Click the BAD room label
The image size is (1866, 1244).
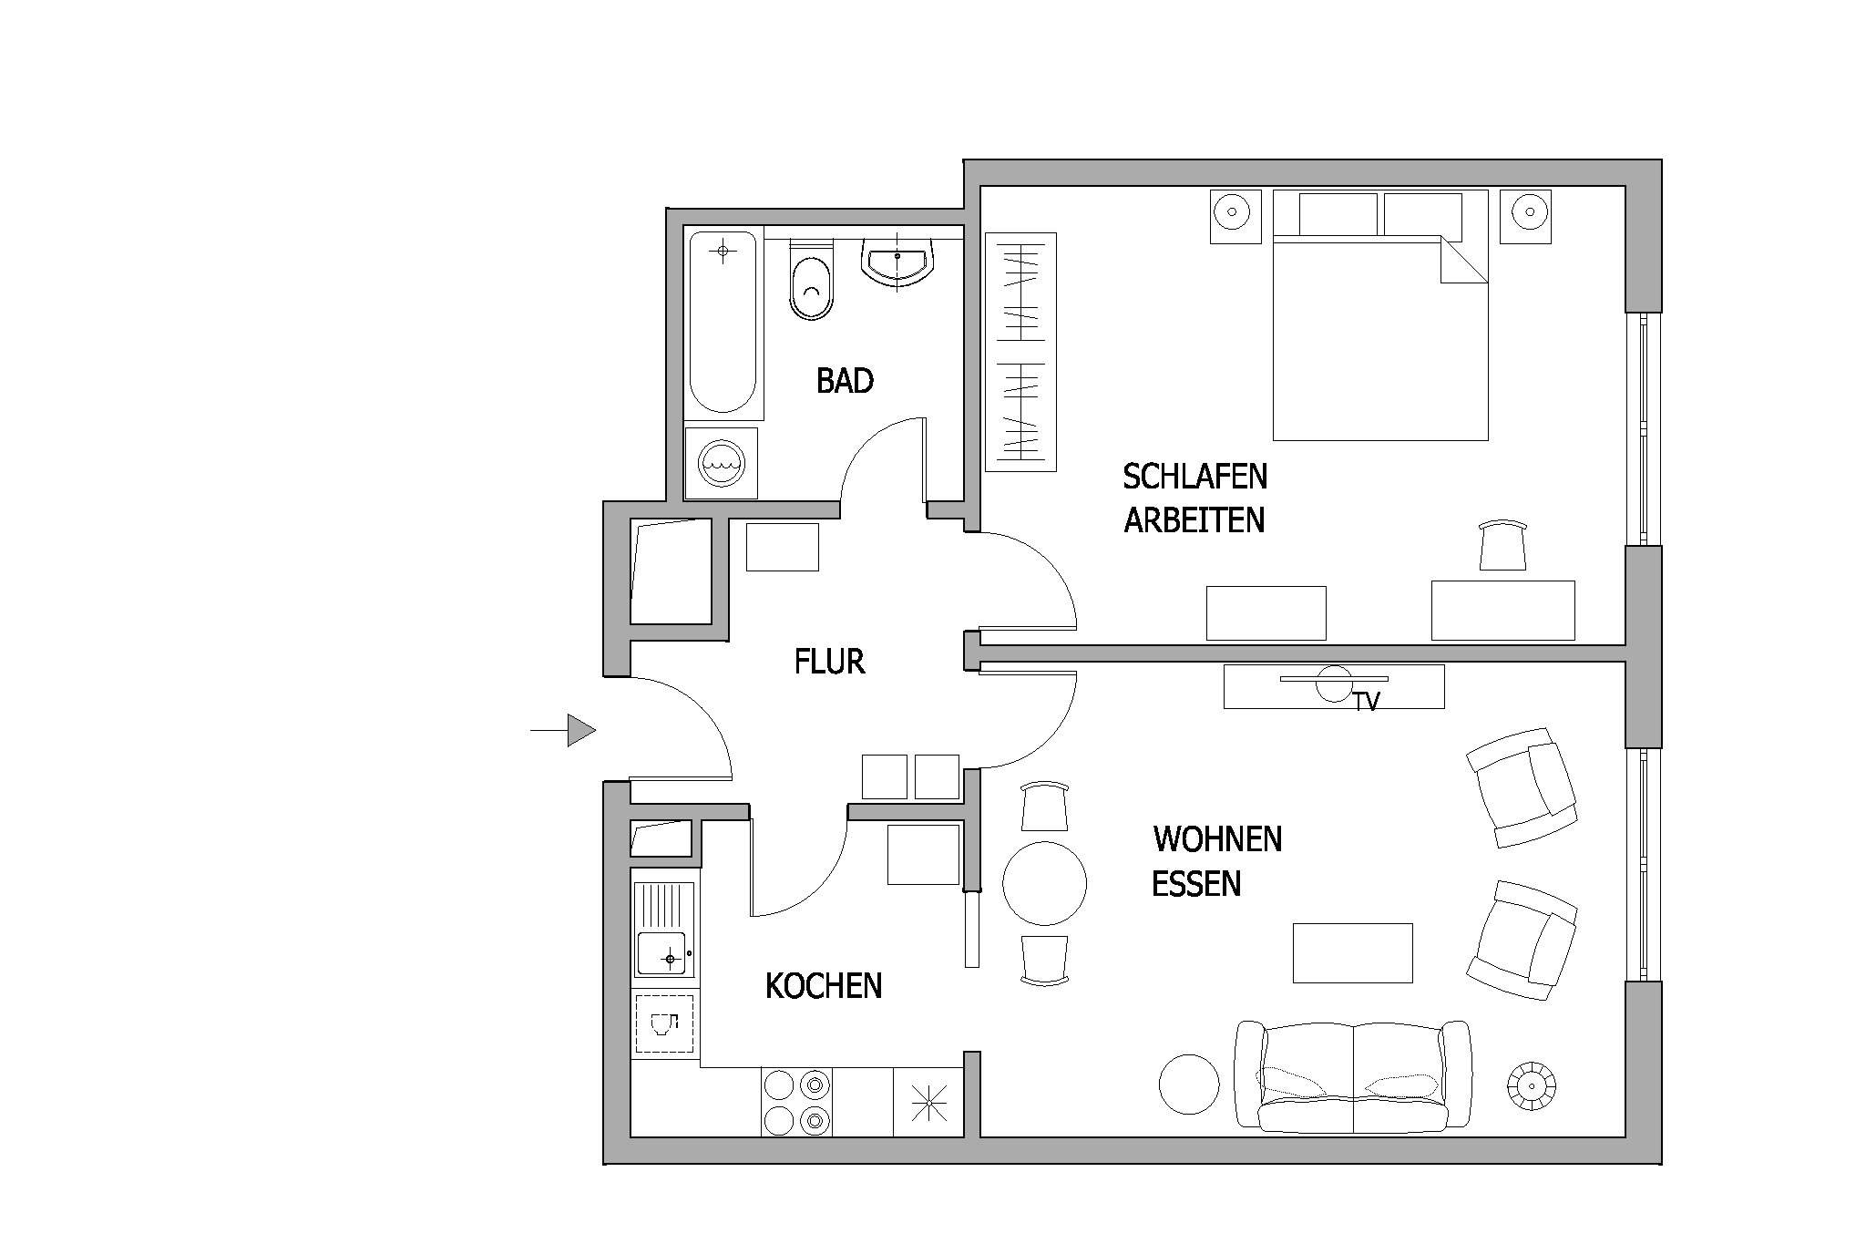pos(845,381)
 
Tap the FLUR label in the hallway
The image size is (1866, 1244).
pos(829,662)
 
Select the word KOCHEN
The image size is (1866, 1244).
pos(824,986)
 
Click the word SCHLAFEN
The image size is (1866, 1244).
pos(1194,476)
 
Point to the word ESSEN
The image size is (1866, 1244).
pos(1196,884)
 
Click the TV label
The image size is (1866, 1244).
pos(1366,702)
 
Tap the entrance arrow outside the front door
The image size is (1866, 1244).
pos(563,730)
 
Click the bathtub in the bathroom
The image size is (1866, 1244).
pos(723,322)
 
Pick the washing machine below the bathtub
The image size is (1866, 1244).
pos(721,463)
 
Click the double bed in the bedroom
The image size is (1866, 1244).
pos(1380,315)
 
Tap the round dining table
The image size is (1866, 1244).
pos(1044,883)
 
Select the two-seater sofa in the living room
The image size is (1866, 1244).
pos(1353,1076)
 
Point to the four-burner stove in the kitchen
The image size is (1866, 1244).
pos(796,1102)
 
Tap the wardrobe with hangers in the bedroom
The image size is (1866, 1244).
pos(1020,352)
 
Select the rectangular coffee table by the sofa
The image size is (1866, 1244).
pos(1353,953)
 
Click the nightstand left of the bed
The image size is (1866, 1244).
pos(1235,216)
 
